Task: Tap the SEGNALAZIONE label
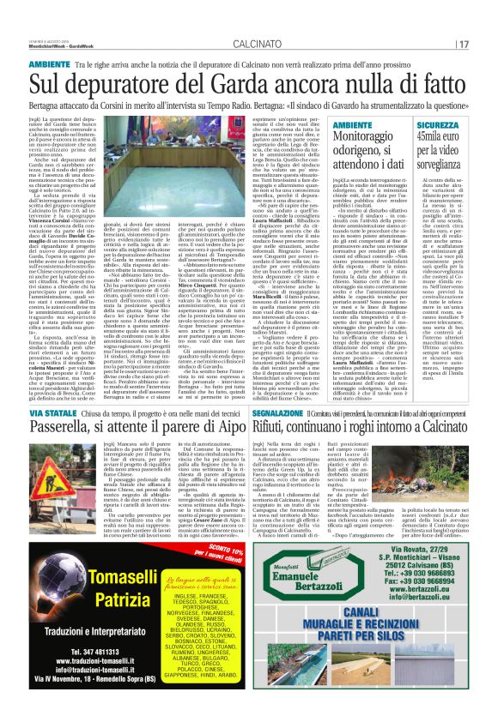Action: [282, 412]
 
